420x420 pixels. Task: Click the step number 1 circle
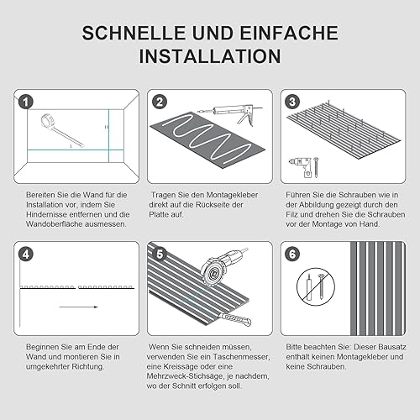(26, 102)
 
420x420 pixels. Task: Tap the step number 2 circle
(160, 102)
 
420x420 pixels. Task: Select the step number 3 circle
(292, 102)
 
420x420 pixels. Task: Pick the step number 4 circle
(26, 255)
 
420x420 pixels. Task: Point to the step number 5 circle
(160, 255)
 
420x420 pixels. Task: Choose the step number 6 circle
(292, 255)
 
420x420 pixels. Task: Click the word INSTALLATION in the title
(210, 56)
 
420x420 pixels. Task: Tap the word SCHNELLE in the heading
(134, 33)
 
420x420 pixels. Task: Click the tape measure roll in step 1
(48, 121)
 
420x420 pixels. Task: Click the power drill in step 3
(301, 167)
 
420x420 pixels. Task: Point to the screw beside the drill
(316, 167)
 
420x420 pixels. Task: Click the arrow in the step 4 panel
(79, 307)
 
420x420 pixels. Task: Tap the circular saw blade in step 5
(212, 273)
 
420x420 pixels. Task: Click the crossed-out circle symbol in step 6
(316, 286)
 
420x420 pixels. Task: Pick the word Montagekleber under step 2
(232, 195)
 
